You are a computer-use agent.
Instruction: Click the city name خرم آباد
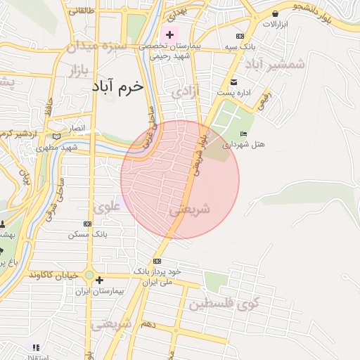pyautogui.click(x=117, y=86)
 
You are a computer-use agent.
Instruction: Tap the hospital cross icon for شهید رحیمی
pyautogui.click(x=169, y=34)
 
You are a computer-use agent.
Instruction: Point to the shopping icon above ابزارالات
pyautogui.click(x=275, y=13)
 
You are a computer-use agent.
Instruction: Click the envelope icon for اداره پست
pyautogui.click(x=234, y=82)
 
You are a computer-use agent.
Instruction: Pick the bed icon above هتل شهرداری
pyautogui.click(x=243, y=134)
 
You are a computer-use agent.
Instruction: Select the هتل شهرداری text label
pyautogui.click(x=243, y=144)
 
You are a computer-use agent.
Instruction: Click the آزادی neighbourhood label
pyautogui.click(x=186, y=91)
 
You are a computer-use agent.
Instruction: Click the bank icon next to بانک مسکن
pyautogui.click(x=87, y=224)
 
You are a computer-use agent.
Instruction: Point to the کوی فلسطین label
pyautogui.click(x=224, y=304)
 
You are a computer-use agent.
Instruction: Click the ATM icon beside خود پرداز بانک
pyautogui.click(x=156, y=261)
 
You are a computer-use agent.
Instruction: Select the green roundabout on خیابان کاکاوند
pyautogui.click(x=89, y=275)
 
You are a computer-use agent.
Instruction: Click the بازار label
pyautogui.click(x=72, y=70)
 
